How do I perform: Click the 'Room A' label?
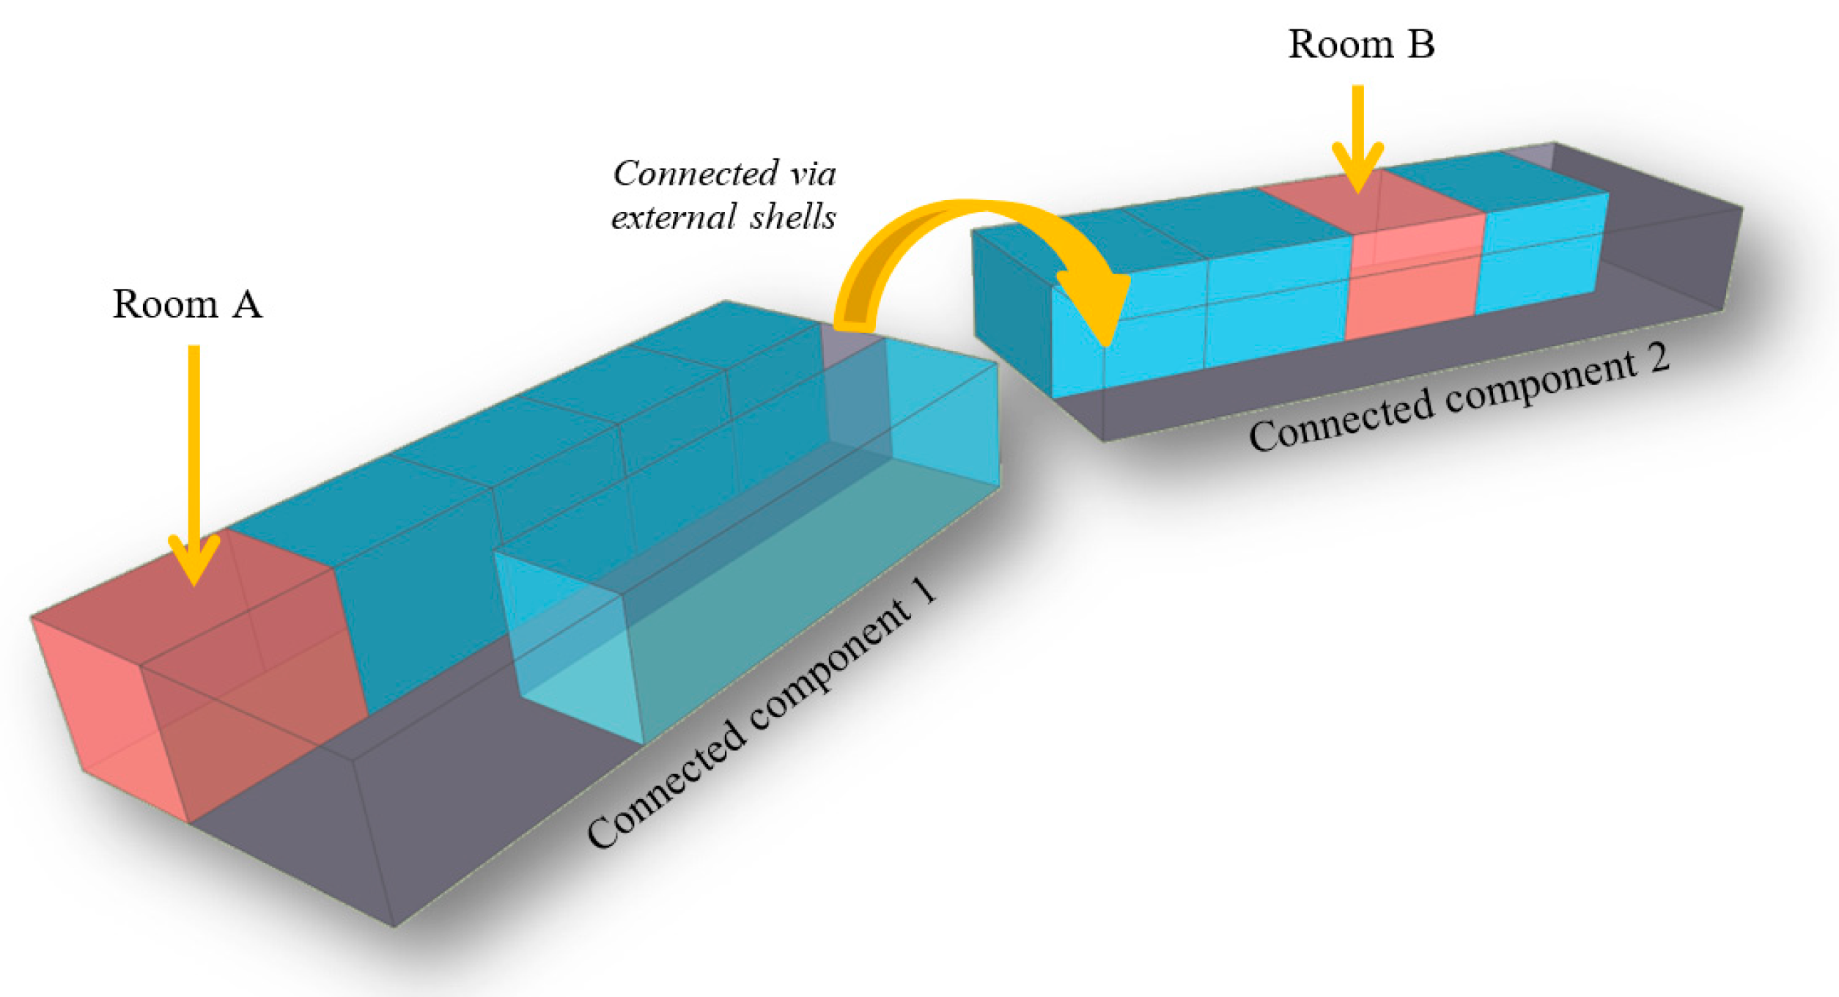(187, 304)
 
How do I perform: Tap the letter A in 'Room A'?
(246, 304)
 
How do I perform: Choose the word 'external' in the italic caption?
(674, 217)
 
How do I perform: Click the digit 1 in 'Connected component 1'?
(925, 591)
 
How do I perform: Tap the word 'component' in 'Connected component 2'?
(1539, 385)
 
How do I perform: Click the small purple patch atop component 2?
(1528, 155)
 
